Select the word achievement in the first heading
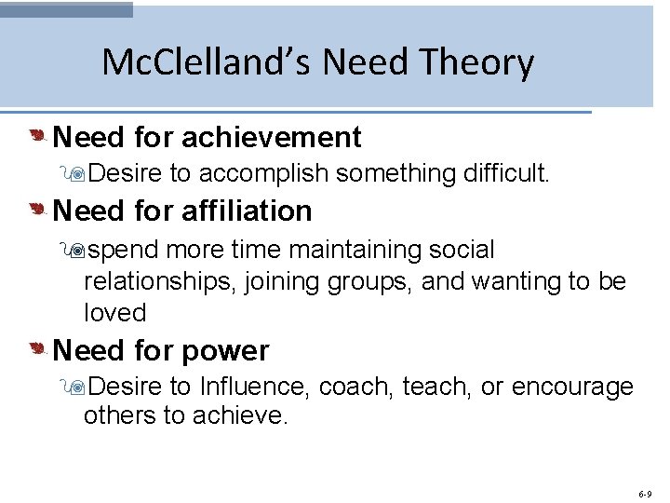(x=272, y=138)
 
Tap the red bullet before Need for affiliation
(x=37, y=211)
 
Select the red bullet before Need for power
(x=37, y=350)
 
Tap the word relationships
(x=160, y=281)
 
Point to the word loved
(x=115, y=313)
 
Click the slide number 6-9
(x=646, y=493)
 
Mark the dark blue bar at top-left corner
(x=66, y=9)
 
